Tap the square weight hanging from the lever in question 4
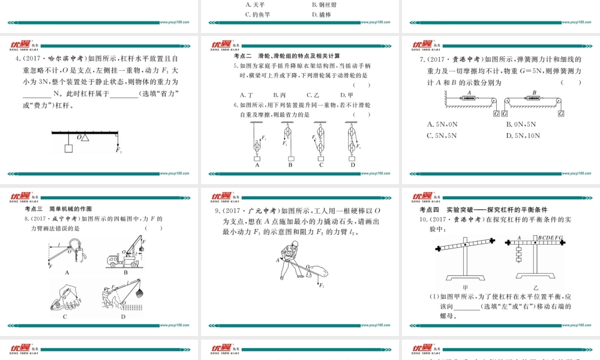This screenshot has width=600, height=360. (x=69, y=146)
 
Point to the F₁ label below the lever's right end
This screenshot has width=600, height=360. (x=119, y=149)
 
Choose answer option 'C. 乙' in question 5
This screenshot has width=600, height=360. (x=312, y=95)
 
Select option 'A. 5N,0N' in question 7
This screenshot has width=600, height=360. (x=442, y=124)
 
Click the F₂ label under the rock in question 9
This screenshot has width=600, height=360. (x=322, y=285)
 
